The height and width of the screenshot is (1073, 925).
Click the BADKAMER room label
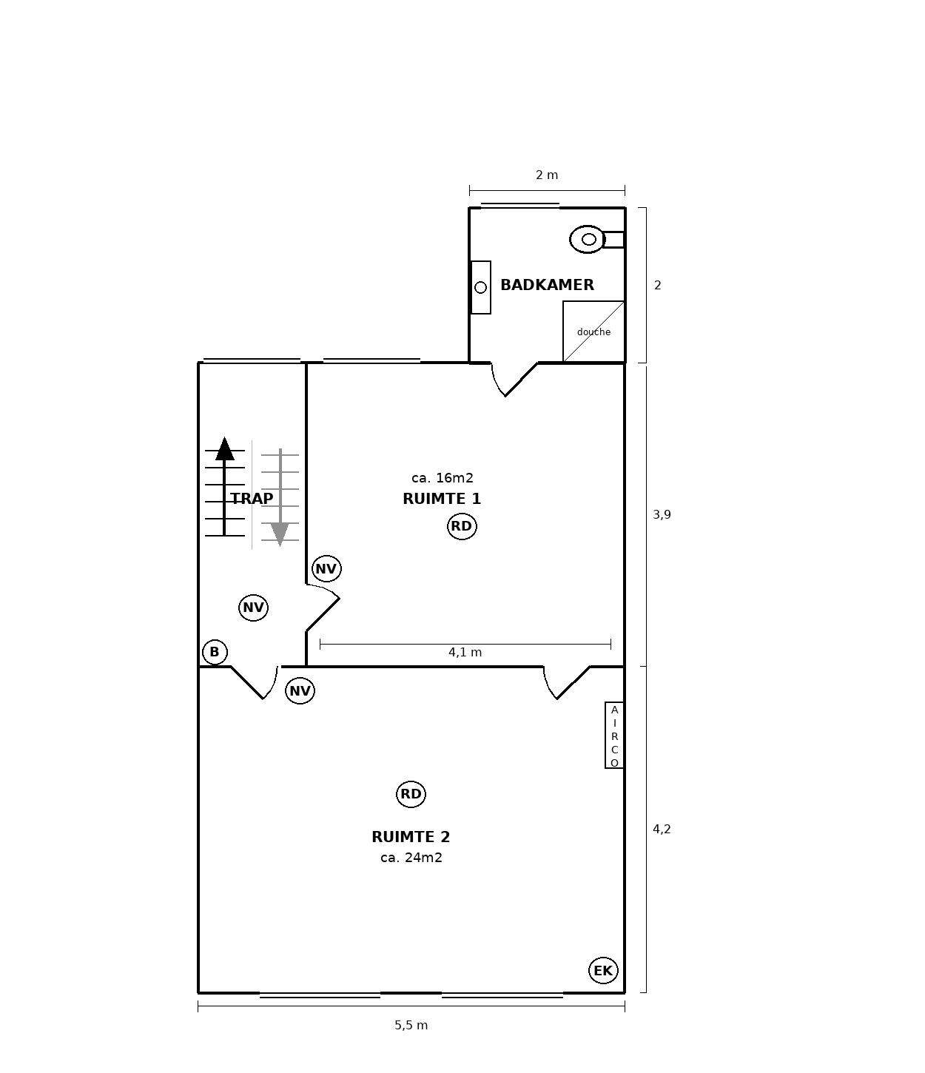pyautogui.click(x=547, y=284)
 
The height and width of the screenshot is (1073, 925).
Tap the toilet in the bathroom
pyautogui.click(x=596, y=239)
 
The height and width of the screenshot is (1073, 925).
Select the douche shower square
pyautogui.click(x=593, y=332)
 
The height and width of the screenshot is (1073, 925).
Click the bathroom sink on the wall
pyautogui.click(x=480, y=287)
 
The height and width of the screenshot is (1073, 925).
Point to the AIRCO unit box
pyautogui.click(x=614, y=735)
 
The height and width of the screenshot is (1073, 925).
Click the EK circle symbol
pyautogui.click(x=603, y=970)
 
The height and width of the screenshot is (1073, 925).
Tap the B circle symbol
pyautogui.click(x=215, y=652)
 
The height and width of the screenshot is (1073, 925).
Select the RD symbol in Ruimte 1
pyautogui.click(x=462, y=526)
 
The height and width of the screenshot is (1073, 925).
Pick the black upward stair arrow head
pyautogui.click(x=224, y=448)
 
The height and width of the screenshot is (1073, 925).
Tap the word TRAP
pyautogui.click(x=252, y=499)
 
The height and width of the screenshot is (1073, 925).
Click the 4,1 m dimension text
pyautogui.click(x=465, y=653)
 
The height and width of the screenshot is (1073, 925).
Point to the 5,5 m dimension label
pyautogui.click(x=411, y=1025)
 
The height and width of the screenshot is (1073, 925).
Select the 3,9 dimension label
pyautogui.click(x=662, y=515)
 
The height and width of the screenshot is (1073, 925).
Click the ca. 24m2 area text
pyautogui.click(x=411, y=858)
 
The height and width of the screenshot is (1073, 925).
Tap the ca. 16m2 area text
pyautogui.click(x=443, y=477)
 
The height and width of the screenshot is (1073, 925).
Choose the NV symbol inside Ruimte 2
pyautogui.click(x=300, y=691)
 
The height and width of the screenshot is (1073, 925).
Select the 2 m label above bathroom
pyautogui.click(x=547, y=175)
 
